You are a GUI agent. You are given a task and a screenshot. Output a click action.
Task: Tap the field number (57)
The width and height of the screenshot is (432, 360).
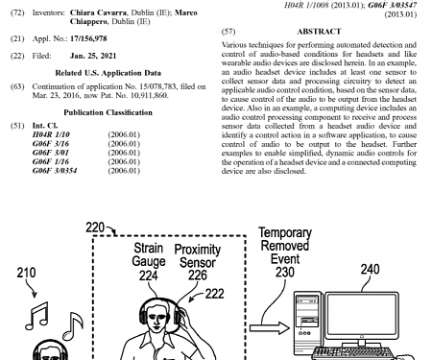click(228, 32)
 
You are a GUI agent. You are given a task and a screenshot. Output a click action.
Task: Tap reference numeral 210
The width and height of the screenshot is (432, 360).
click(27, 273)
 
